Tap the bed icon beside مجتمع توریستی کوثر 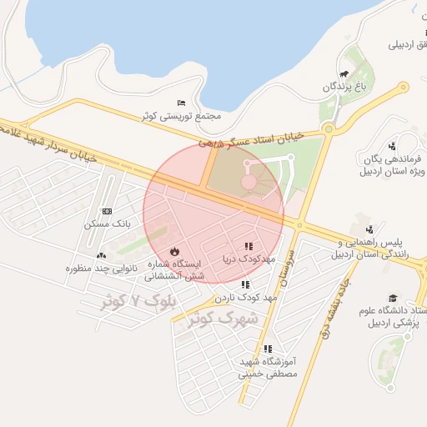coord(181,103)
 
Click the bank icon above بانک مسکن coord(106,212)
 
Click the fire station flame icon coord(173,251)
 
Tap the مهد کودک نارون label coord(245,297)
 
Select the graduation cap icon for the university coord(392,298)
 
